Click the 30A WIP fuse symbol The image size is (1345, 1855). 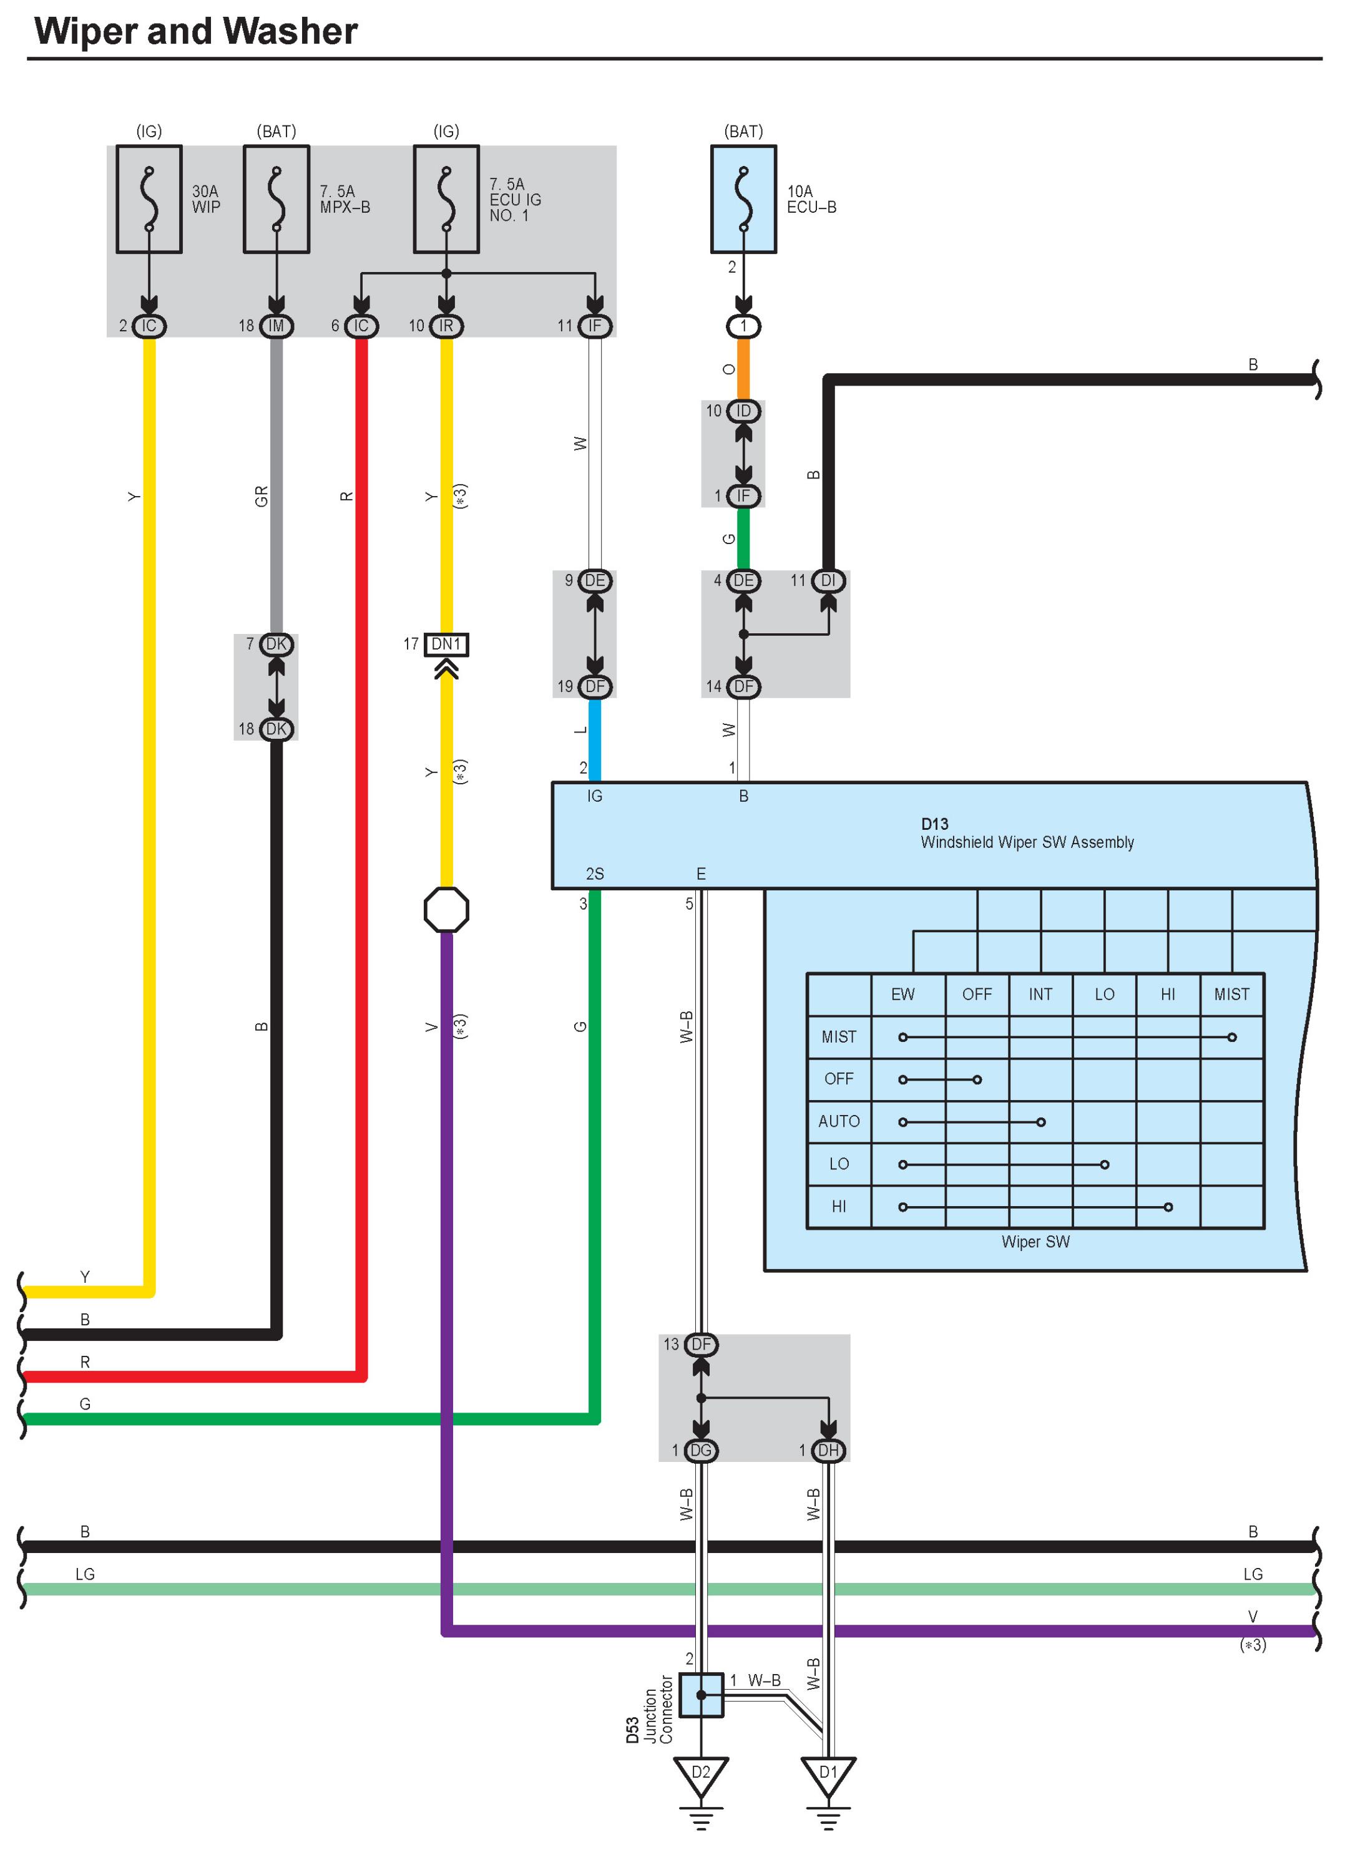coord(149,199)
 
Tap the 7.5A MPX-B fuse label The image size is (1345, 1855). coord(345,199)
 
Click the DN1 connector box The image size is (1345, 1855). coord(446,645)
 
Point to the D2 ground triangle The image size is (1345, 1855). coord(701,1774)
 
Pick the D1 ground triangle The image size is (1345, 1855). coord(828,1774)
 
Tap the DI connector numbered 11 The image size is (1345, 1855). coord(828,581)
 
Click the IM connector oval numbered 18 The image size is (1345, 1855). coord(276,326)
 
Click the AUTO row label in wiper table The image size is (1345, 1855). coord(839,1121)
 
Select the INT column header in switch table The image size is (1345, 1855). coord(1040,995)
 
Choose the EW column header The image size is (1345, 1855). coord(902,995)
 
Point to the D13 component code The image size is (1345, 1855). coord(934,824)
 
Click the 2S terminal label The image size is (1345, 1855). coord(595,874)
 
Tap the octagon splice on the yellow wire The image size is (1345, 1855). coord(446,910)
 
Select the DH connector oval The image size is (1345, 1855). coord(828,1451)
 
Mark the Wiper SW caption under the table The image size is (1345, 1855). coord(1035,1242)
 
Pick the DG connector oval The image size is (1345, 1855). coord(701,1451)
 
